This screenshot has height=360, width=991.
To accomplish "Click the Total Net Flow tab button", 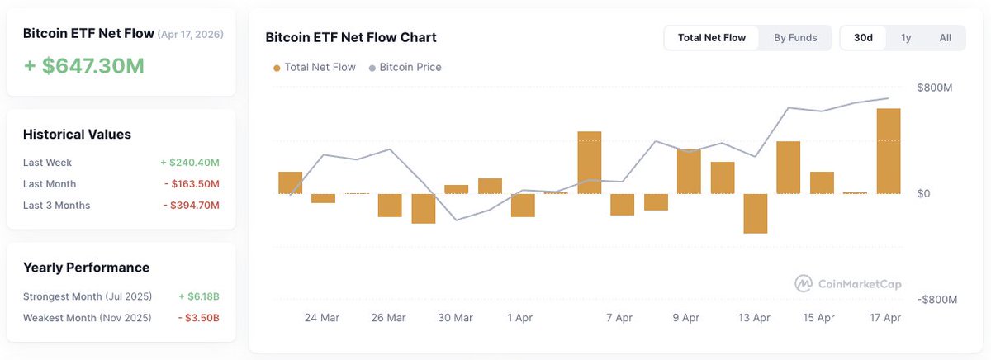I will [x=711, y=38].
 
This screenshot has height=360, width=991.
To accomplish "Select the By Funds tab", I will [x=795, y=38].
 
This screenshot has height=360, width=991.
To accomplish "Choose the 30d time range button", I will [x=863, y=38].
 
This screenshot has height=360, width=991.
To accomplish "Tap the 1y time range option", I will [x=906, y=38].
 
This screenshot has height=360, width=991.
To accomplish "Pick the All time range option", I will [x=945, y=38].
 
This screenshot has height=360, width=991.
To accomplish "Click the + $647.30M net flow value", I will [x=83, y=65].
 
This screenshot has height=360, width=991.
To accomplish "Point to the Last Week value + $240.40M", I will [x=189, y=163].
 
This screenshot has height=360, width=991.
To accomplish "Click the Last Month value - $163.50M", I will [x=191, y=184].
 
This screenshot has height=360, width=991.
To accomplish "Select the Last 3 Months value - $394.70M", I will [x=191, y=206].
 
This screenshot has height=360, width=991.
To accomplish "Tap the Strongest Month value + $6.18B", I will [x=199, y=296].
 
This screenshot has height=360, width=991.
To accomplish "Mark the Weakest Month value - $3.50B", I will [x=199, y=318].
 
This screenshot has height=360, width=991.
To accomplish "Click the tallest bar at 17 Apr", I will [x=889, y=151].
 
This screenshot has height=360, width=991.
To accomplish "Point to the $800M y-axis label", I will [x=936, y=88].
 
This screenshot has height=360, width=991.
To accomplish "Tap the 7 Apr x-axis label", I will [x=619, y=318].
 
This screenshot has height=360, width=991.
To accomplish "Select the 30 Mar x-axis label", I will [x=455, y=318].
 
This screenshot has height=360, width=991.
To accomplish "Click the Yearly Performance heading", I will [x=86, y=268].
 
